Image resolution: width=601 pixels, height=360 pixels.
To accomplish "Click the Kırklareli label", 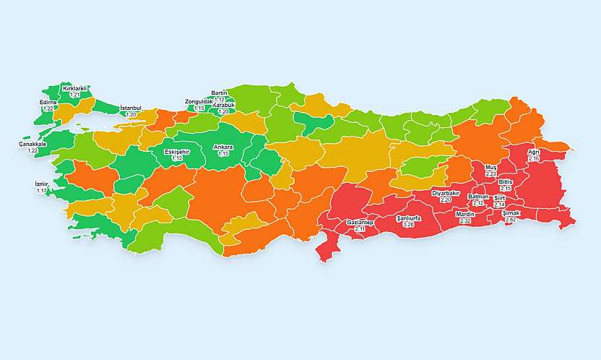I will click(74, 89).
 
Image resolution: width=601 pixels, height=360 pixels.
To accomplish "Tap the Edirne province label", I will click(48, 103).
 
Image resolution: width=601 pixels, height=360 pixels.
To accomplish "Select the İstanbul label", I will click(131, 108).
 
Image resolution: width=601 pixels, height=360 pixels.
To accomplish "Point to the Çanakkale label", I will click(33, 144).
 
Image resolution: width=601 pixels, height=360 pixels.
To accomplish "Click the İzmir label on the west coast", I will click(41, 184).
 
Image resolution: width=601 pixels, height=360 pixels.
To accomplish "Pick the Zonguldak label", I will click(199, 102).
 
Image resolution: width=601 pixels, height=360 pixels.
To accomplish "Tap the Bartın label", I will click(220, 93).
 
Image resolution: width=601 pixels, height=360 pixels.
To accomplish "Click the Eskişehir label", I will click(177, 151).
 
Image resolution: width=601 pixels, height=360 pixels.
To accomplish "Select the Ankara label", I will click(223, 147).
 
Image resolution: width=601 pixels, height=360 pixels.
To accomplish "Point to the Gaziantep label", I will click(360, 222).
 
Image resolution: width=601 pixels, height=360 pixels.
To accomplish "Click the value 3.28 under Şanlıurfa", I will click(409, 225).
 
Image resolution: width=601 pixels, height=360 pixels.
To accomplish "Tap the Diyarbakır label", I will click(446, 193).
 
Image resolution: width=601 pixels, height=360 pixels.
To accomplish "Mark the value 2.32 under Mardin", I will click(465, 221).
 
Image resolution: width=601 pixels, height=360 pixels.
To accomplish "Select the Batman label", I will click(478, 197).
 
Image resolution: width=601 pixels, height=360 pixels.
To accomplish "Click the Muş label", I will click(491, 167).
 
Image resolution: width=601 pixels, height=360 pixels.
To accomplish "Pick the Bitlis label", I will click(506, 181).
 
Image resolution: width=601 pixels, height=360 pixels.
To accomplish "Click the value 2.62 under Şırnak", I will click(511, 219).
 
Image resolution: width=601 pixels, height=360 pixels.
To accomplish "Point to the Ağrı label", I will click(534, 152).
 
